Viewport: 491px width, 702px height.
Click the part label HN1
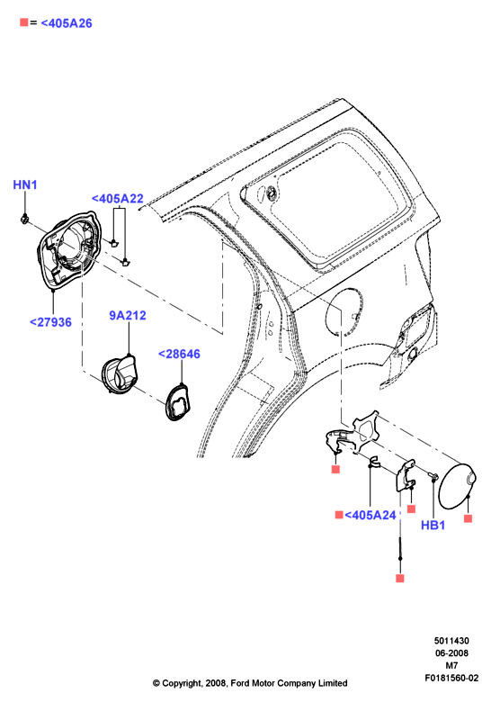25,184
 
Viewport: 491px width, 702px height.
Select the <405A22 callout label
118,198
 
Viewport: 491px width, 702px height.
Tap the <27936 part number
50,322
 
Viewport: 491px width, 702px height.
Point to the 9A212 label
128,315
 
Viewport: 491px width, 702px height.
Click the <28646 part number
179,354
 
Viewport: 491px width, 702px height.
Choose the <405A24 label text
370,515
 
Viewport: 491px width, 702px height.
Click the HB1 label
433,525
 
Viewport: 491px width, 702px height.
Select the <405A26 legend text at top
67,22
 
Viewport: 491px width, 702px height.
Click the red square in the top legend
24,22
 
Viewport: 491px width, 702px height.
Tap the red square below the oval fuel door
468,518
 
